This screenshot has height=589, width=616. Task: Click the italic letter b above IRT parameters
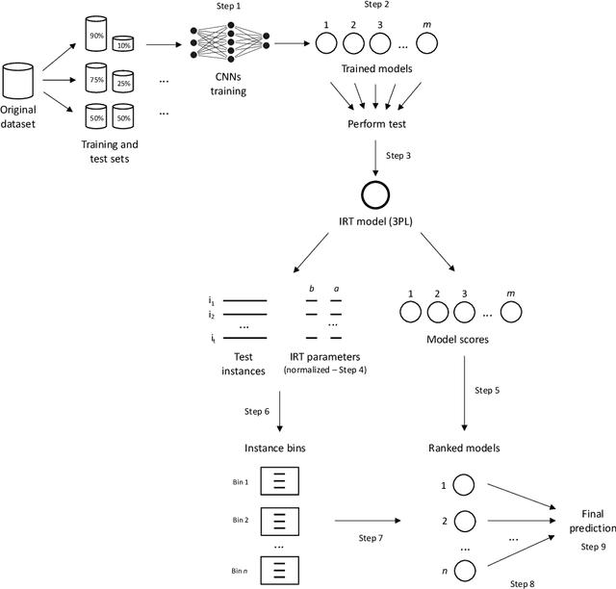click(x=312, y=288)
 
